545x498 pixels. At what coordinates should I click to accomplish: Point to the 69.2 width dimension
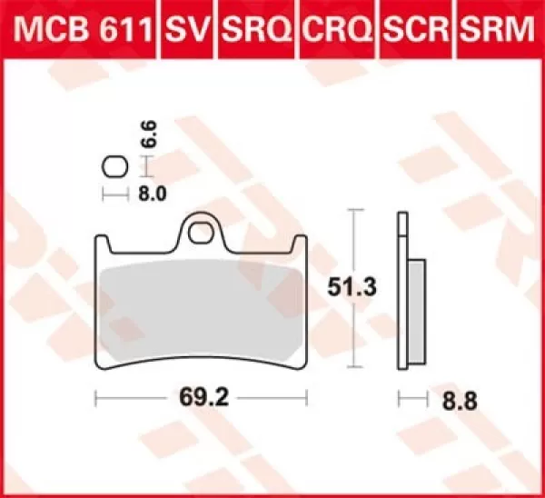[x=202, y=397]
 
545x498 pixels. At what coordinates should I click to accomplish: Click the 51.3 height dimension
[x=349, y=287]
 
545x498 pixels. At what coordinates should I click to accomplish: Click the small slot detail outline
[x=114, y=167]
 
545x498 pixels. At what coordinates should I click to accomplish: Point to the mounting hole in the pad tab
[x=203, y=235]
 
